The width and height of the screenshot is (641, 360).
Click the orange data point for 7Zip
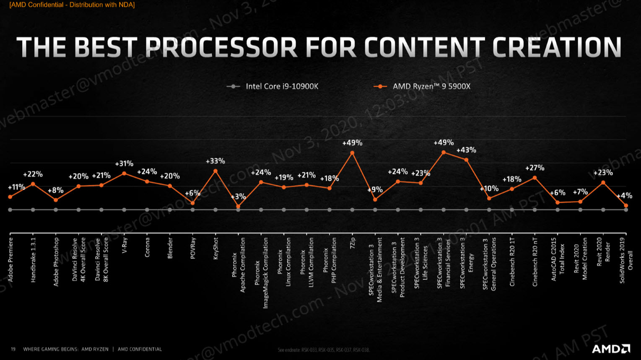point(352,153)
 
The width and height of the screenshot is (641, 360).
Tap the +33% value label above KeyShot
point(215,161)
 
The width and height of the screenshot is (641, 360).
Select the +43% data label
point(466,150)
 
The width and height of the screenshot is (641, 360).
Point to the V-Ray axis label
point(125,245)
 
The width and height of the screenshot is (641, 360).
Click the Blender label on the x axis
point(170,248)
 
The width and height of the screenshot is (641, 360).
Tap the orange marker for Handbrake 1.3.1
point(33,184)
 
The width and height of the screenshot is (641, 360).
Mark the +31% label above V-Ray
point(124,163)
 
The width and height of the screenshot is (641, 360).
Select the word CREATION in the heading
point(557,47)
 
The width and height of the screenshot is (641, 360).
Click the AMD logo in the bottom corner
point(610,349)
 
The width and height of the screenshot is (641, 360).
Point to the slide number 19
point(13,349)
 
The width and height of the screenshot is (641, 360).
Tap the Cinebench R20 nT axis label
point(535,262)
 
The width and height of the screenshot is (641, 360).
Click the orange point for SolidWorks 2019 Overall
point(626,206)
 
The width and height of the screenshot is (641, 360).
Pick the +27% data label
point(535,168)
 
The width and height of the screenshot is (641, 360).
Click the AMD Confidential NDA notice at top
point(72,5)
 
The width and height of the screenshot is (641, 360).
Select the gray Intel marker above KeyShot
point(215,210)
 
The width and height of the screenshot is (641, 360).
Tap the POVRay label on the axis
point(193,248)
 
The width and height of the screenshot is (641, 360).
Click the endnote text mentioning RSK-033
point(324,350)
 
